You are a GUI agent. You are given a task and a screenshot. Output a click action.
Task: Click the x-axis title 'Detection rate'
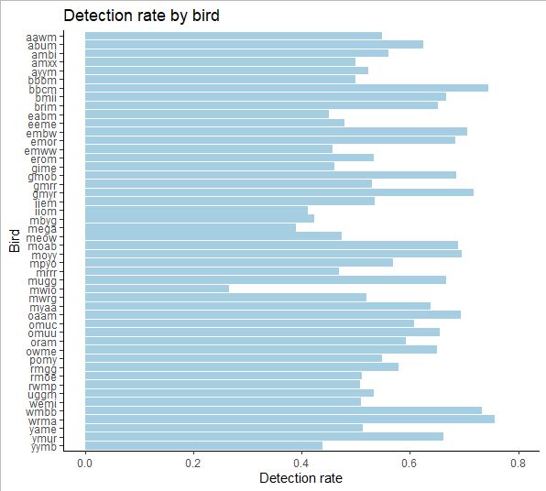tap(300, 478)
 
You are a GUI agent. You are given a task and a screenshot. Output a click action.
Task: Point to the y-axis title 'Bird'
tap(15, 240)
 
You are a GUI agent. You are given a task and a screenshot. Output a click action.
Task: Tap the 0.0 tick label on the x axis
tap(85, 463)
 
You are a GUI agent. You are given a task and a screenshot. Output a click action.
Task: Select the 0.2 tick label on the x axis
tap(193, 463)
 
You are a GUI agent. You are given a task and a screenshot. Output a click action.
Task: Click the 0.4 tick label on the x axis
tap(302, 463)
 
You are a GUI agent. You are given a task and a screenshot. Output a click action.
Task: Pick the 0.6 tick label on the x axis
tap(410, 463)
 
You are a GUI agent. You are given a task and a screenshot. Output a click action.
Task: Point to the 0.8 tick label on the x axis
tap(519, 463)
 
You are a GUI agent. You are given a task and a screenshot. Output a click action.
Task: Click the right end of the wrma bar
tap(495, 419)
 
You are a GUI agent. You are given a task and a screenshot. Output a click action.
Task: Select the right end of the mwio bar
tap(229, 289)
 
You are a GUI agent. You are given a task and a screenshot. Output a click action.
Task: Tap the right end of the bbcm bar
tap(488, 88)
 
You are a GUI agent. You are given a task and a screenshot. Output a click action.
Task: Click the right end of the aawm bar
tap(382, 36)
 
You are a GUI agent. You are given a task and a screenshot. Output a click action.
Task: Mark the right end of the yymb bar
tap(322, 445)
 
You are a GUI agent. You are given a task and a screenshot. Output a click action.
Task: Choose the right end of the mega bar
tap(296, 227)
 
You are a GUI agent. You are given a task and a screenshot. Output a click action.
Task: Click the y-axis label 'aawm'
tap(41, 36)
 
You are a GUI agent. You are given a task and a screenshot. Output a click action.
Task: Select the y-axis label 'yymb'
tap(41, 446)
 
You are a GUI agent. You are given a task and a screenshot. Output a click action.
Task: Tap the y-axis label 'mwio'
tap(41, 289)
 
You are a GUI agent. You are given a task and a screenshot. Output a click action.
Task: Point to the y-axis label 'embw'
tap(41, 132)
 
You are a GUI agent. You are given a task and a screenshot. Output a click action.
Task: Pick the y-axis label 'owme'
tap(41, 350)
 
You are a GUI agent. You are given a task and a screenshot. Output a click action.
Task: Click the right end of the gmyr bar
tap(474, 192)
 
